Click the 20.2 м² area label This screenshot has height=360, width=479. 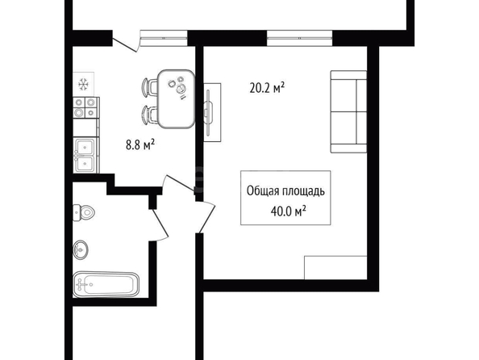coord(267,88)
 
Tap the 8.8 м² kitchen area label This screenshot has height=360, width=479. coord(140,144)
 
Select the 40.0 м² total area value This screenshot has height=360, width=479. coord(289,211)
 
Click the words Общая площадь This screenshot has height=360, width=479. coord(285,190)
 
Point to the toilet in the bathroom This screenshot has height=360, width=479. coord(84,212)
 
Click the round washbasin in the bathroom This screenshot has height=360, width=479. coord(81,249)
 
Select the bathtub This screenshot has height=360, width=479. coord(106,284)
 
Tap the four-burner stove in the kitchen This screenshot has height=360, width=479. coord(85,107)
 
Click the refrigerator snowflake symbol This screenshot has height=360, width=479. coord(83,84)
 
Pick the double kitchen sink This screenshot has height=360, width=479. coord(85,155)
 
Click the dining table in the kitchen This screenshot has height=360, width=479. coord(177,98)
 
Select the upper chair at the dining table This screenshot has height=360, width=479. coord(150,87)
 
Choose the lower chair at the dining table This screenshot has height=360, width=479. coord(150,115)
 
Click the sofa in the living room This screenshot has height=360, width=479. coord(348,111)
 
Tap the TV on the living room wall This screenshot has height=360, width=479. coord(209,112)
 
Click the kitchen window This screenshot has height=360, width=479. coord(164,38)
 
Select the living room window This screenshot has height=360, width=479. coord(299,38)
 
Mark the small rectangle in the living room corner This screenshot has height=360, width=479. coord(335,267)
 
